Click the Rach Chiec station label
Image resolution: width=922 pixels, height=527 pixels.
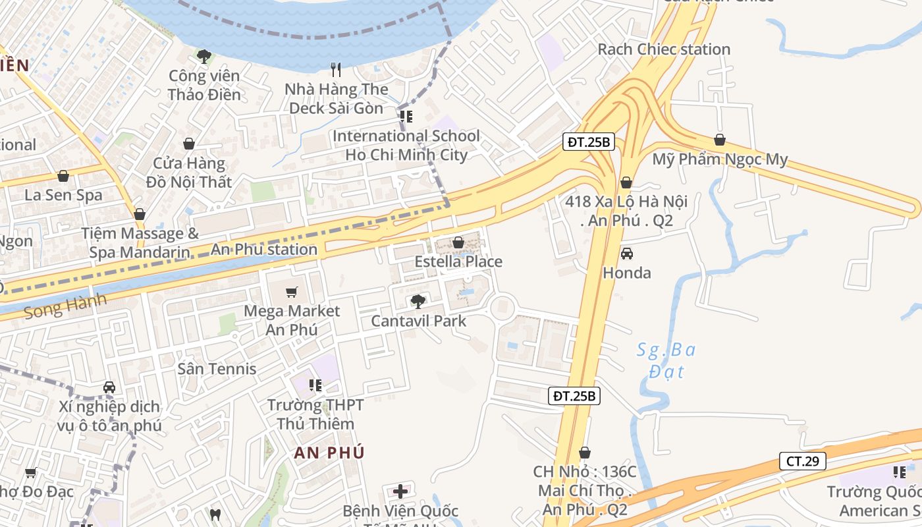pyautogui.click(x=663, y=49)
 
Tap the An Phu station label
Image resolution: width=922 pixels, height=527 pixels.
pyautogui.click(x=263, y=250)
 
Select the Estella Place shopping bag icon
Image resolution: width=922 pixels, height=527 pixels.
pyautogui.click(x=458, y=242)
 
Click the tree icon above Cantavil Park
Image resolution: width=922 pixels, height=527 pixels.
pyautogui.click(x=418, y=302)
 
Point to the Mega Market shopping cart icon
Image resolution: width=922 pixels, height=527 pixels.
pyautogui.click(x=292, y=292)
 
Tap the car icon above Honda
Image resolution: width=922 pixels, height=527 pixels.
pyautogui.click(x=626, y=254)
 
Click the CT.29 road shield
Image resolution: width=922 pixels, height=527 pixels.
pyautogui.click(x=802, y=461)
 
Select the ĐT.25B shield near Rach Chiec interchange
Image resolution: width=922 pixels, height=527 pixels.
pyautogui.click(x=589, y=142)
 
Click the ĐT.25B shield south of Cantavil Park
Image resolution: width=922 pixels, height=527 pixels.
pyautogui.click(x=574, y=396)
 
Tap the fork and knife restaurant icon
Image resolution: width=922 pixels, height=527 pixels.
pyautogui.click(x=337, y=69)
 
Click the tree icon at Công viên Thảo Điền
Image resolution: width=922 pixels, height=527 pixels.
pyautogui.click(x=203, y=57)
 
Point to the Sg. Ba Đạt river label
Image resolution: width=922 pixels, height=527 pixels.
pyautogui.click(x=666, y=360)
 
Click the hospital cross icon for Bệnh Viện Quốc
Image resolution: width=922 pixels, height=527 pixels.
pyautogui.click(x=400, y=491)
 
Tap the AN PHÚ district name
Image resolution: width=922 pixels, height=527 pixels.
pyautogui.click(x=329, y=453)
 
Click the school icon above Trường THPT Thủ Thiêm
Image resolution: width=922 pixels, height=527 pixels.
pyautogui.click(x=315, y=385)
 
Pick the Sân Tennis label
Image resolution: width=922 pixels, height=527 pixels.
pyautogui.click(x=217, y=368)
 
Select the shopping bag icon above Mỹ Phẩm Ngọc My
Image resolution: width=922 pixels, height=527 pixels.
pyautogui.click(x=720, y=140)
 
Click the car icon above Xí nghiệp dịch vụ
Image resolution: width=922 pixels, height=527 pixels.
pyautogui.click(x=109, y=387)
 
